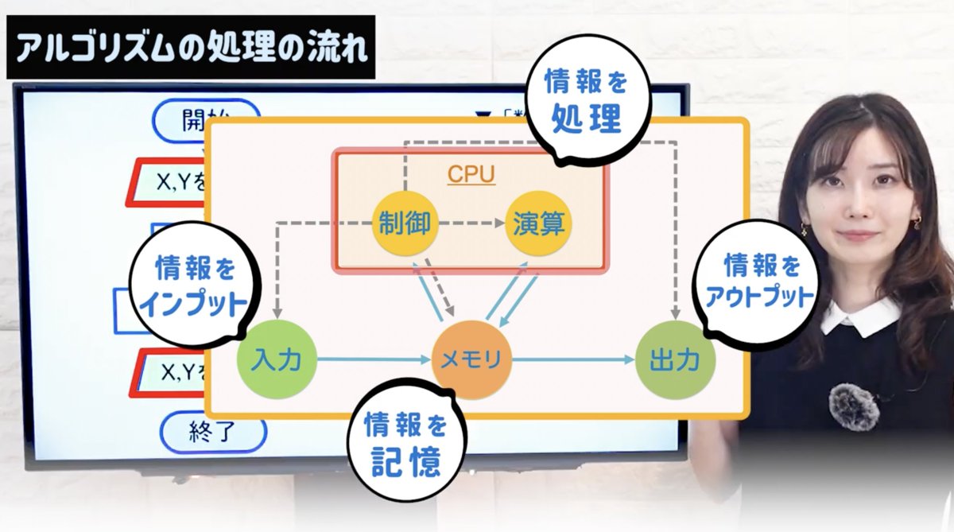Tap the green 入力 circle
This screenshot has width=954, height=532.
point(277,360)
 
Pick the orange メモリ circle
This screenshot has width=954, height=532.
point(471,360)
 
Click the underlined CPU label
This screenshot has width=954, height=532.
point(471,174)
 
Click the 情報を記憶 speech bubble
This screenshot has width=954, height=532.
point(405,445)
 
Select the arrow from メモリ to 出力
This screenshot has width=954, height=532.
point(574,360)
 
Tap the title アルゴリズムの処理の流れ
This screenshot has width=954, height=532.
point(191,47)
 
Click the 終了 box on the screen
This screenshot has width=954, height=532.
point(210,432)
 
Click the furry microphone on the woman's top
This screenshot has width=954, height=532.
point(853,406)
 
